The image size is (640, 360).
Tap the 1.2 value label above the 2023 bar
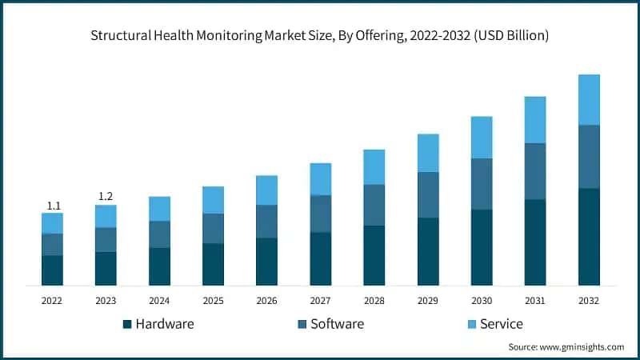(x=106, y=197)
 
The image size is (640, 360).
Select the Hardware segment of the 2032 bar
(x=589, y=237)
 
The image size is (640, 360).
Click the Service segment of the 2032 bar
(x=589, y=100)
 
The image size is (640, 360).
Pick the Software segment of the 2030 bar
(x=482, y=184)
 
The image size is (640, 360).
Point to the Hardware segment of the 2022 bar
(x=52, y=270)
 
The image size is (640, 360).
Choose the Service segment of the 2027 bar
(x=321, y=179)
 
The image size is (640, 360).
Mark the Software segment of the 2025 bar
(x=213, y=229)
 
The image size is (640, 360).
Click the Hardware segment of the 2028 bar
(x=374, y=255)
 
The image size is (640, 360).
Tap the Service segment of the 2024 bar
(x=159, y=209)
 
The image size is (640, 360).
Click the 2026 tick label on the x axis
(x=266, y=300)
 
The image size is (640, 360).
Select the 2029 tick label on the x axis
(x=428, y=300)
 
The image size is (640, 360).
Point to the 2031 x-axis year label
(x=535, y=300)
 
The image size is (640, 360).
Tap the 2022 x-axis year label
(x=52, y=300)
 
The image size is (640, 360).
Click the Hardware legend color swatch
(x=126, y=325)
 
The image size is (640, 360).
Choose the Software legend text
(x=337, y=324)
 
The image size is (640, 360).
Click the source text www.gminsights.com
(x=583, y=347)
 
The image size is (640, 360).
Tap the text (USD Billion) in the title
(x=512, y=36)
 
